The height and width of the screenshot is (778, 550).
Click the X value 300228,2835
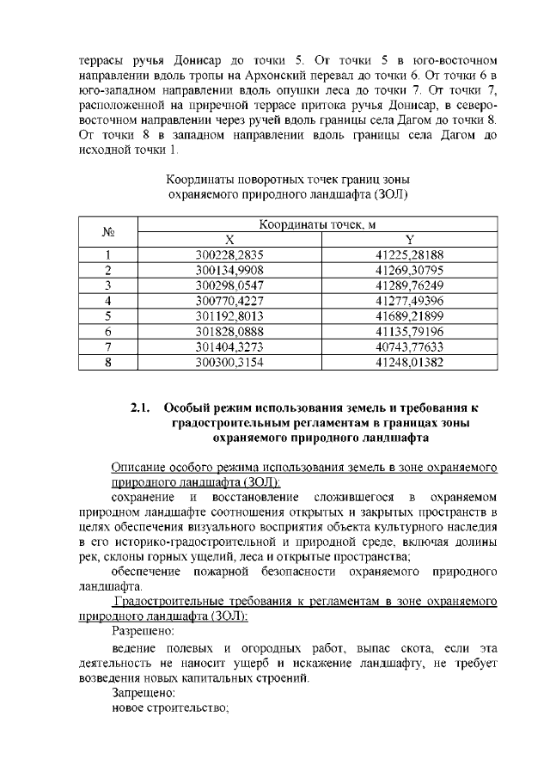(x=229, y=254)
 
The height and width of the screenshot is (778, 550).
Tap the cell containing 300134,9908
(x=229, y=269)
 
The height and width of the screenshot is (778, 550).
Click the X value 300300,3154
(x=229, y=362)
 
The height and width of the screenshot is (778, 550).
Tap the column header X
(x=229, y=239)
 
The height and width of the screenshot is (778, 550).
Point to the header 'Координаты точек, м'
(x=319, y=224)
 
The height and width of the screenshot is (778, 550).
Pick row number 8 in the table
(x=109, y=362)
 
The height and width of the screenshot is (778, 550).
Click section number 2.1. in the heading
(x=141, y=407)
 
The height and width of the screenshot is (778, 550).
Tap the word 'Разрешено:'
(x=144, y=629)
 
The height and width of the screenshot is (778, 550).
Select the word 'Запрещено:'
(x=144, y=692)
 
